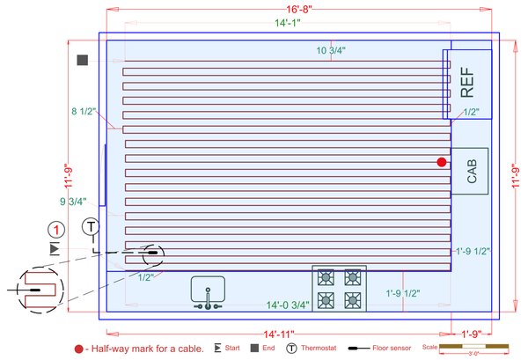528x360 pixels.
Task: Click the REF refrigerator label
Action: tap(467, 82)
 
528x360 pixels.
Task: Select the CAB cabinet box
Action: tap(471, 171)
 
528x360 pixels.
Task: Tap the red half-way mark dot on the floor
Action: tap(442, 161)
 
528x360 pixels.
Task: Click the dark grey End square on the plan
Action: tap(83, 61)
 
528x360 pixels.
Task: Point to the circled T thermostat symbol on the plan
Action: tap(91, 227)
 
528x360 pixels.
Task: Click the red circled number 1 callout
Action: tap(56, 230)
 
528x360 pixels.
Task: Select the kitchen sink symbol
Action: tap(209, 292)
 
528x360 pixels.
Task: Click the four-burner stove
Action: tap(340, 289)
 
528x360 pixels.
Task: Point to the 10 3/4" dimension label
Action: tap(331, 51)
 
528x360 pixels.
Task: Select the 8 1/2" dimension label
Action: tap(85, 112)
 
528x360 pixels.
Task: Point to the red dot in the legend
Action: tap(80, 349)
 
